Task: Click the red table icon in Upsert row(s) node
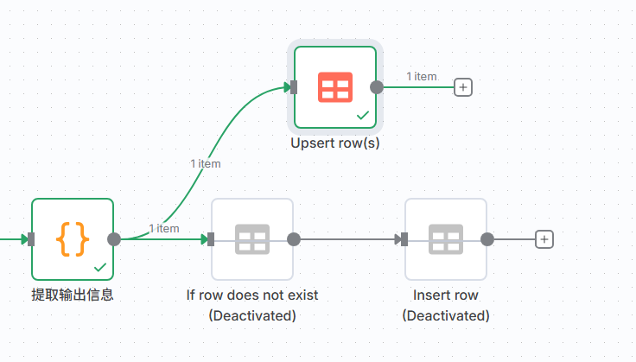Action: coord(334,86)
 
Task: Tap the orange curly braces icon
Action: coord(73,239)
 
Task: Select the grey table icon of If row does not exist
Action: coord(252,239)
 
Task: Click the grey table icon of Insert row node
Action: coord(446,239)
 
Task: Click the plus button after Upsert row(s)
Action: coord(463,86)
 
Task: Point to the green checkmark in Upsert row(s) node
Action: coord(363,114)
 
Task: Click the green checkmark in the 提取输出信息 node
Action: coord(100,267)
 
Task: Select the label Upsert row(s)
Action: coord(335,143)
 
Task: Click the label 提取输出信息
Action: coord(73,295)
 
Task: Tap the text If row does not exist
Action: coord(252,295)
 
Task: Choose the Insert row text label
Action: coord(446,295)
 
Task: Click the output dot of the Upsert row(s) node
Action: coord(377,86)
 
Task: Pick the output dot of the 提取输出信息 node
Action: coord(114,239)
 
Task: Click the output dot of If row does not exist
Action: coord(294,239)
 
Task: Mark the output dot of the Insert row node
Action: coord(487,239)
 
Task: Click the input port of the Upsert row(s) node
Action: coord(294,86)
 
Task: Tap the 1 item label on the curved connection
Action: coord(206,162)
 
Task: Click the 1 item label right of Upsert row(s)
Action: coord(422,76)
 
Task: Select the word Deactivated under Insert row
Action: coord(446,315)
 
